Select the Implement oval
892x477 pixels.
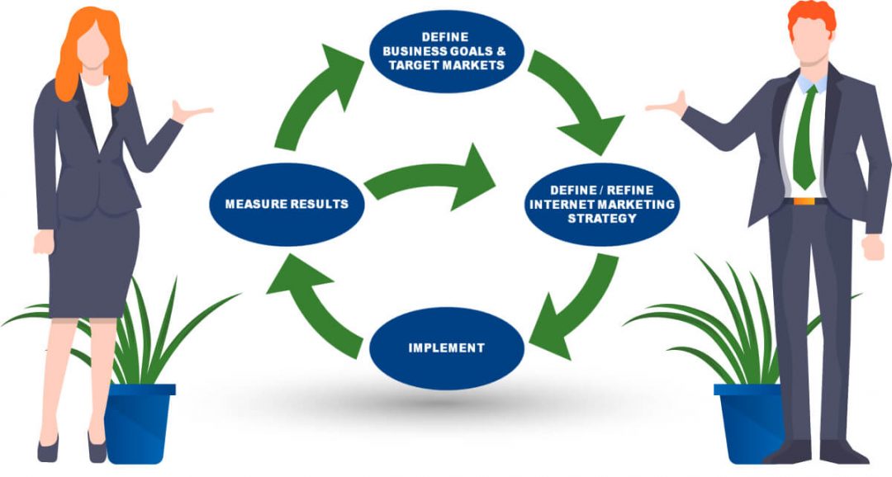tap(446, 347)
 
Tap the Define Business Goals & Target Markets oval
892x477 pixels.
tap(446, 51)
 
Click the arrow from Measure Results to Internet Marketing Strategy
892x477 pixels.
tap(429, 180)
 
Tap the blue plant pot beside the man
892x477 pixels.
tap(748, 421)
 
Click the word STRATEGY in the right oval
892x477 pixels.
tap(601, 219)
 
